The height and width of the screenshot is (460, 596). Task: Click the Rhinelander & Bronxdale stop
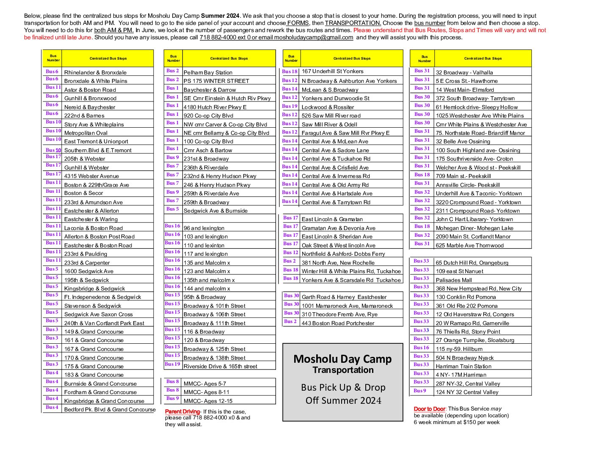(95, 72)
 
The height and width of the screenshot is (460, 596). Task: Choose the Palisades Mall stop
(454, 280)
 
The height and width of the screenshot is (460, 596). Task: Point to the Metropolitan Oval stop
(86, 133)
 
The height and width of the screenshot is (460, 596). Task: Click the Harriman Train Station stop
(464, 366)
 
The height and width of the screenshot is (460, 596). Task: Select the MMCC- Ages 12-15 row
(208, 401)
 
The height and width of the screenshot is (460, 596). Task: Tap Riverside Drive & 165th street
(220, 366)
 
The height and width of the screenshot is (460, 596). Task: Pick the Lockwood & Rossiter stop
(328, 107)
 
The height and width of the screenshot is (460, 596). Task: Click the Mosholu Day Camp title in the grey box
(342, 359)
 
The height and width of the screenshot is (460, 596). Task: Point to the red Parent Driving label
(182, 411)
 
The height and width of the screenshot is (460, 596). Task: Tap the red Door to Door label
(429, 409)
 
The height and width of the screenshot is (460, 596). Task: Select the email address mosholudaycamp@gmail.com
(313, 37)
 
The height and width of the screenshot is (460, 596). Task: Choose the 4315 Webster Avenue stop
(91, 176)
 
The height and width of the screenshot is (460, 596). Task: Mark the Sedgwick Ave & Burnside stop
(215, 211)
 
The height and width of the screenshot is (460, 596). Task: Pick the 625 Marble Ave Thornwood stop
(469, 245)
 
